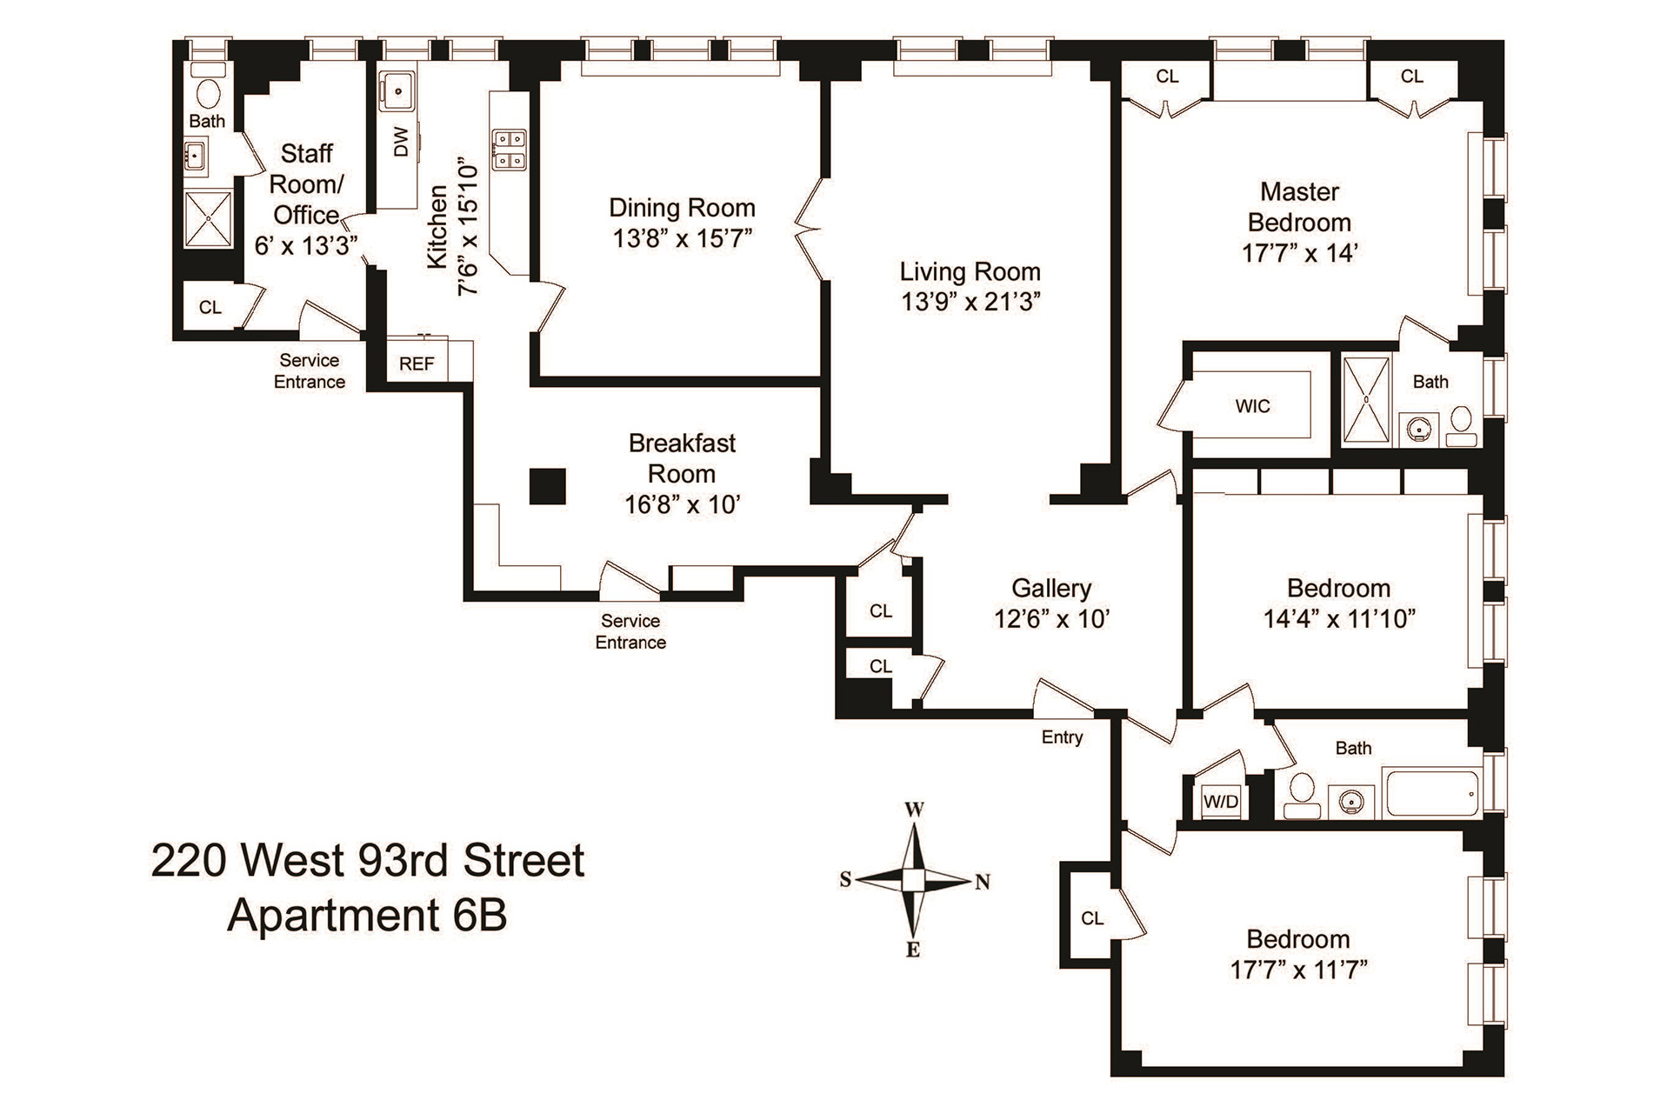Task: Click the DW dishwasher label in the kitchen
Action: [x=401, y=142]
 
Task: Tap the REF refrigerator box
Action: [x=417, y=363]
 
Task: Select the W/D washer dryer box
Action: [x=1221, y=802]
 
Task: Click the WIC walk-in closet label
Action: [x=1252, y=406]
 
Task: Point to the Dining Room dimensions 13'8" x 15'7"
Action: [x=682, y=238]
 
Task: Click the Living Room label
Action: [x=970, y=271]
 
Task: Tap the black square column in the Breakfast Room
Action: [x=548, y=485]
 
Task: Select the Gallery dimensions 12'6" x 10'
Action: [x=1052, y=618]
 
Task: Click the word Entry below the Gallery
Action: [x=1062, y=737]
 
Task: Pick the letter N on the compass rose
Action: [x=983, y=882]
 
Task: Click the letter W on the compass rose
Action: [x=914, y=810]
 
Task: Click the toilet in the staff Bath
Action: [x=207, y=90]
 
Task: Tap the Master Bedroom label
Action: [x=1299, y=207]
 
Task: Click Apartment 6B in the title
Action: [x=367, y=917]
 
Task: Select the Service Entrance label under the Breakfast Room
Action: [x=630, y=631]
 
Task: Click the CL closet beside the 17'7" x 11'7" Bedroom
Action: [x=1092, y=918]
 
